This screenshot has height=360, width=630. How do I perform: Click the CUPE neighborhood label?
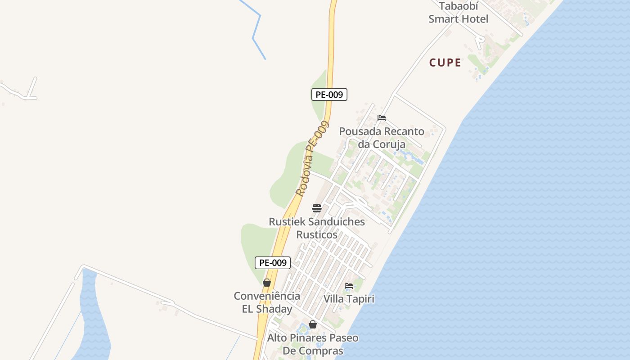point(445,63)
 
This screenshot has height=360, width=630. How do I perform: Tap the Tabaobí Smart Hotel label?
point(458,13)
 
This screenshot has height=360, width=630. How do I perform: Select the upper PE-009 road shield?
point(329,94)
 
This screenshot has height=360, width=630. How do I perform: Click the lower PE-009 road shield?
point(273,263)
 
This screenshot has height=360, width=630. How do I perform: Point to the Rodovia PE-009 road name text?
point(312,158)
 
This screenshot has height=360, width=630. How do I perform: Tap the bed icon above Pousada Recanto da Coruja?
point(382,118)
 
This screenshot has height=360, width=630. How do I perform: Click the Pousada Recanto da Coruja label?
point(382,138)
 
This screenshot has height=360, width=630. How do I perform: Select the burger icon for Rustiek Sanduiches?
point(317,208)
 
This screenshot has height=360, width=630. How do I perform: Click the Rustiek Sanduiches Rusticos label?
point(317,228)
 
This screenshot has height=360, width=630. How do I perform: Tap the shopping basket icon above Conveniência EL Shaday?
point(267,283)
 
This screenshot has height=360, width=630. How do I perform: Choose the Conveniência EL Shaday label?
point(267,302)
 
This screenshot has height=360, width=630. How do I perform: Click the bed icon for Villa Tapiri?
point(349,285)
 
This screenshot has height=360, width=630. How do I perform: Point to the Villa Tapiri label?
point(349,299)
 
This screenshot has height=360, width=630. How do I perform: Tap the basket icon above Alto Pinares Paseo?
point(313,324)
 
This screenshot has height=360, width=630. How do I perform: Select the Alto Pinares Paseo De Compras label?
point(313,344)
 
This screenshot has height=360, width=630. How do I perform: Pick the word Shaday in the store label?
point(274,309)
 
